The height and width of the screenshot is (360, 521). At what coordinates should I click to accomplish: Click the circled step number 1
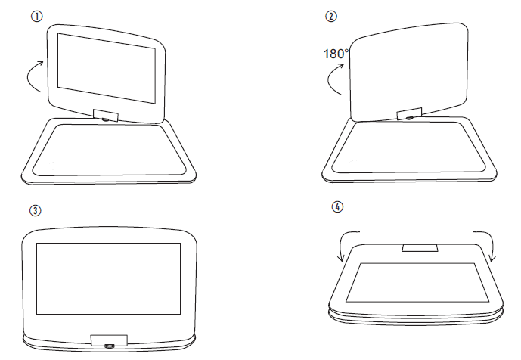(x=36, y=16)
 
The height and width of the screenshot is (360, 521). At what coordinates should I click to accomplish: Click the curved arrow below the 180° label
(x=333, y=79)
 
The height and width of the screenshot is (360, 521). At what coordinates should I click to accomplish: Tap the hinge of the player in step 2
(x=408, y=114)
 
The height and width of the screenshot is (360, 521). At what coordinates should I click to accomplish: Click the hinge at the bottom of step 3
(x=108, y=341)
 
